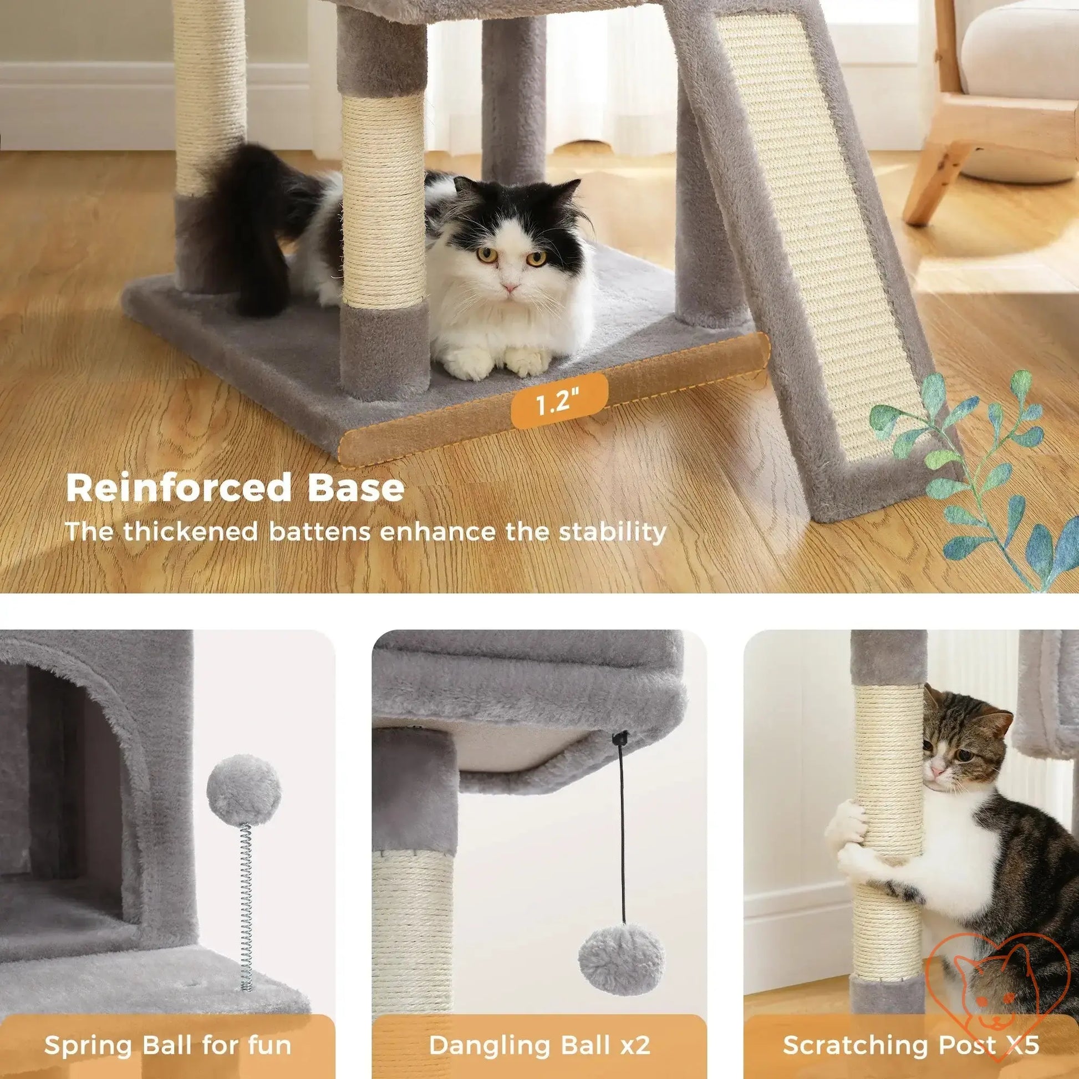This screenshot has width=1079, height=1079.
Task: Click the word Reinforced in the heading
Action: (x=179, y=487)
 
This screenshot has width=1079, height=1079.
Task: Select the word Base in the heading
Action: (x=356, y=487)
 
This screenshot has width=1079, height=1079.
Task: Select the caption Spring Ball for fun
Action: (x=167, y=1029)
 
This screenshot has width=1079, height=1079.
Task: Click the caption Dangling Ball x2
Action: (x=539, y=1029)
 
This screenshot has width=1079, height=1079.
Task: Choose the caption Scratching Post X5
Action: (x=910, y=1029)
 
